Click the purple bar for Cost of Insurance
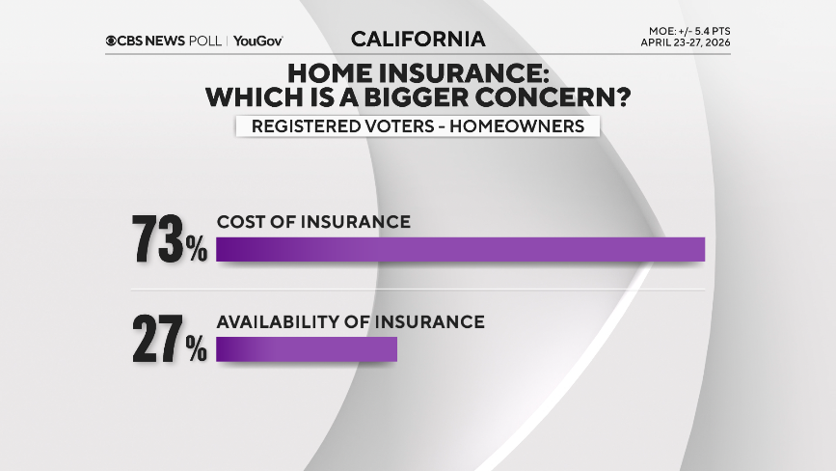461,249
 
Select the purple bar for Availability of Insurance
307,349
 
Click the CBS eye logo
112,41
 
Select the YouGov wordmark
257,41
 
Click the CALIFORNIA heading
418,40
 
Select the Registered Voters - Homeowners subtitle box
418,126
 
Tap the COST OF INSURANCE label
313,222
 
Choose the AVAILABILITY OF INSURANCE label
349,321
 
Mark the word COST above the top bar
236,222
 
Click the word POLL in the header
206,41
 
